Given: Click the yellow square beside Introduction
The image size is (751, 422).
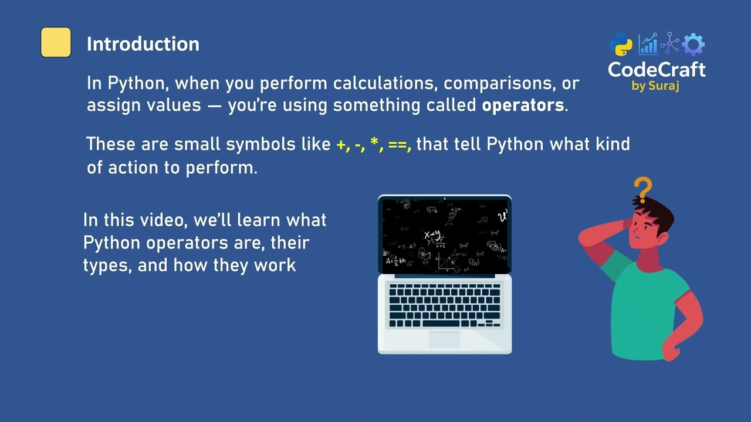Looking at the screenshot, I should pos(56,42).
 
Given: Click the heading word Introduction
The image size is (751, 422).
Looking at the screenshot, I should pos(143,44).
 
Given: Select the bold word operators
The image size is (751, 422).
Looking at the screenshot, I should pos(523,105).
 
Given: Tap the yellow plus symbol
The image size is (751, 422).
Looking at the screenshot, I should pos(341,145).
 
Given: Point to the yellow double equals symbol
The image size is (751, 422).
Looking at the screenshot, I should pos(397,145).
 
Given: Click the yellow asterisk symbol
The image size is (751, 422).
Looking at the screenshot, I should pos(374,143).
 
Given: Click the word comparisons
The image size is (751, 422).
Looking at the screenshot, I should pos(501,83).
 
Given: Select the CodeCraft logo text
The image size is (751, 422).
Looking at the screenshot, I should pos(657,70).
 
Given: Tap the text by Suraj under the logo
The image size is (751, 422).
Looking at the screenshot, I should pos(655,86).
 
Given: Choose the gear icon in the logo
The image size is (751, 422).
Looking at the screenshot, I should pos(694,45).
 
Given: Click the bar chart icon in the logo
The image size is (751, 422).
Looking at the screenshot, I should pos(648,45).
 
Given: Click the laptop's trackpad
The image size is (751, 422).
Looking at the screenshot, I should pos(444,339).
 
